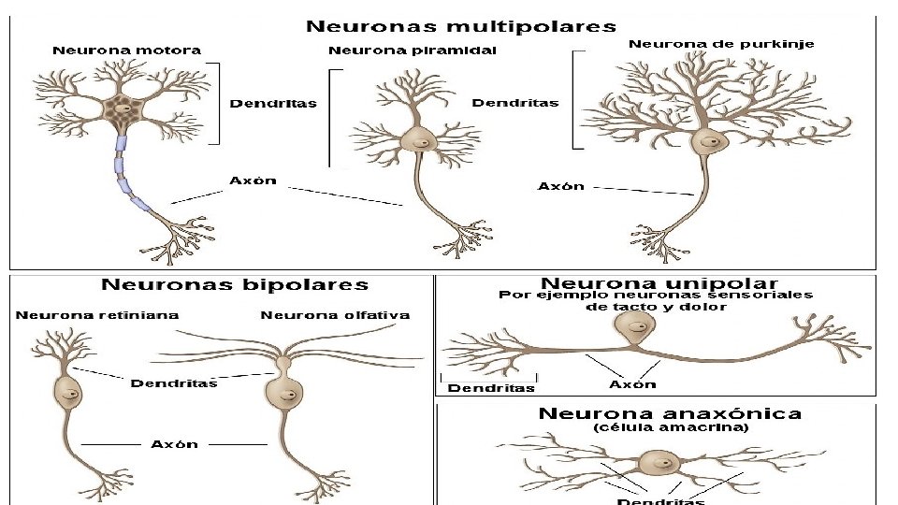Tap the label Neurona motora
(126, 50)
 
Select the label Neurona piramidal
(413, 50)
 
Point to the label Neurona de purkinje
(721, 43)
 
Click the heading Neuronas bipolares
(235, 284)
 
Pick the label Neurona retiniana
(97, 315)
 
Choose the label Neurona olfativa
(335, 315)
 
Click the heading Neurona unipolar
(659, 282)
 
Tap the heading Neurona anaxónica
(670, 412)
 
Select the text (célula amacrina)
(671, 427)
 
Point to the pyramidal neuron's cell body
(418, 141)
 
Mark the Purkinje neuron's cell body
(709, 142)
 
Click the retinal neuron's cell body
(68, 392)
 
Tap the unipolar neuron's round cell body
(635, 329)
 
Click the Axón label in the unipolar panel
(632, 383)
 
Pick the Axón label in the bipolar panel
(175, 443)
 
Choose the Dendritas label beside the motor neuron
(273, 104)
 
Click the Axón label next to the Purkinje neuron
(561, 186)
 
